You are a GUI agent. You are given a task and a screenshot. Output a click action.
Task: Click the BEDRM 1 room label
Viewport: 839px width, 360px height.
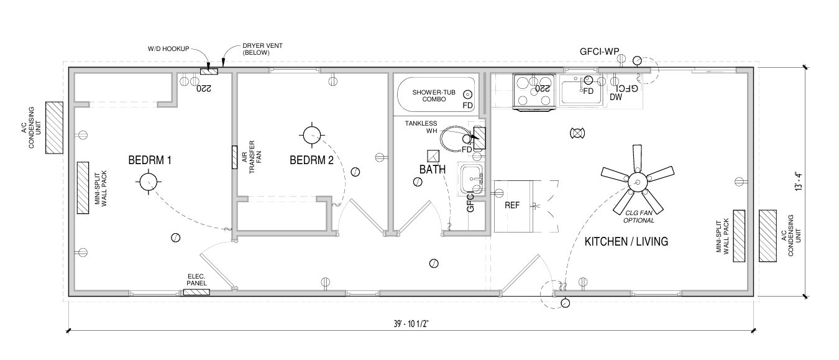(149, 160)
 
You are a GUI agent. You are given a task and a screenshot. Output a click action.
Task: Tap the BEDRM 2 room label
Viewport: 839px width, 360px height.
(311, 160)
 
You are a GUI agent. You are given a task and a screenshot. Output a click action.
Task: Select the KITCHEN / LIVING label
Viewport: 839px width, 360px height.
(626, 242)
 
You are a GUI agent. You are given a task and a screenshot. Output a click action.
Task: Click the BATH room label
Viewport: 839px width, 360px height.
(432, 169)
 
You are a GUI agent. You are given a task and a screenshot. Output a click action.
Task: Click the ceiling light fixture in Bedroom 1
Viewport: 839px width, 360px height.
(149, 182)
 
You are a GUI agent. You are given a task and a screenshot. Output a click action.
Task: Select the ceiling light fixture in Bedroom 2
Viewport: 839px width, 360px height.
(311, 134)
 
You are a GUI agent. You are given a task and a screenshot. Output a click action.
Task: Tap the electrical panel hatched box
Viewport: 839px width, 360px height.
(195, 292)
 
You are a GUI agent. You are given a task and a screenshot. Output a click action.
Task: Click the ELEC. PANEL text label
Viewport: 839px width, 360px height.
(197, 280)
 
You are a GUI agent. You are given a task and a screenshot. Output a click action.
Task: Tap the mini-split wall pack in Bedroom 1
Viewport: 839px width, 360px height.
(83, 188)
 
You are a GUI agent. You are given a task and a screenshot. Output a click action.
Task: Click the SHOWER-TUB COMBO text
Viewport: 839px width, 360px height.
(434, 96)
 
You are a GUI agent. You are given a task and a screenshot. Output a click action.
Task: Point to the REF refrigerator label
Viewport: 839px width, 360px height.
(512, 205)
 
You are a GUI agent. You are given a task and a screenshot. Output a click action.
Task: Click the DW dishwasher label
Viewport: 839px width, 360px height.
(615, 97)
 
